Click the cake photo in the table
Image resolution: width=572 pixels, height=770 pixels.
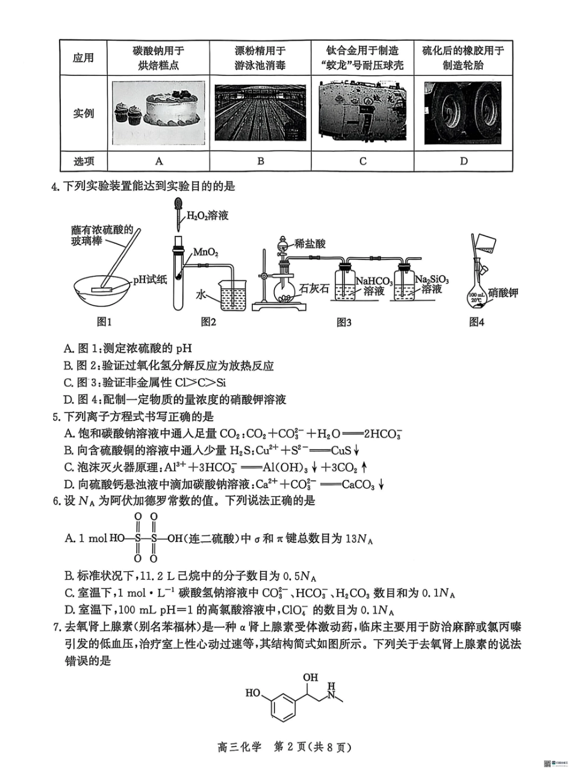pyautogui.click(x=158, y=112)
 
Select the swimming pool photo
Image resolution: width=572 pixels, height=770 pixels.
pyautogui.click(x=260, y=112)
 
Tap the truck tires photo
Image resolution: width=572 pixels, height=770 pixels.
pyautogui.click(x=462, y=113)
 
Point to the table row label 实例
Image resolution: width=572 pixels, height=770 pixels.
pyautogui.click(x=83, y=113)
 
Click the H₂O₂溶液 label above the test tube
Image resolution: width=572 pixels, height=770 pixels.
pyautogui.click(x=208, y=214)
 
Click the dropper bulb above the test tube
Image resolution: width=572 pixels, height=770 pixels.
pyautogui.click(x=179, y=204)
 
